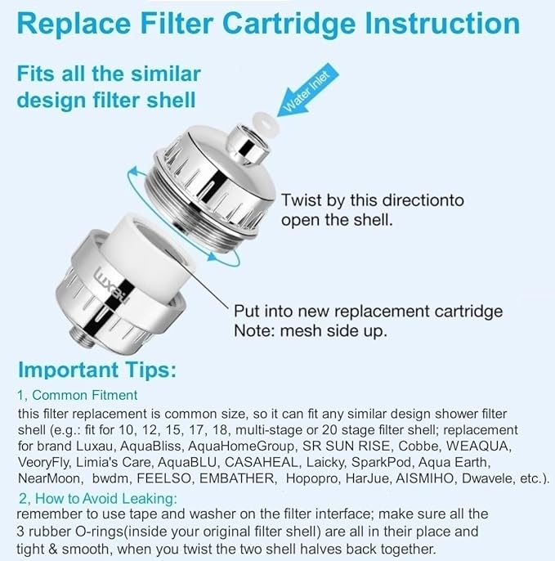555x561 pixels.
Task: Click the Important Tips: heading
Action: pos(96,370)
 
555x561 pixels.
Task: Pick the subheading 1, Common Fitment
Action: pos(78,395)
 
